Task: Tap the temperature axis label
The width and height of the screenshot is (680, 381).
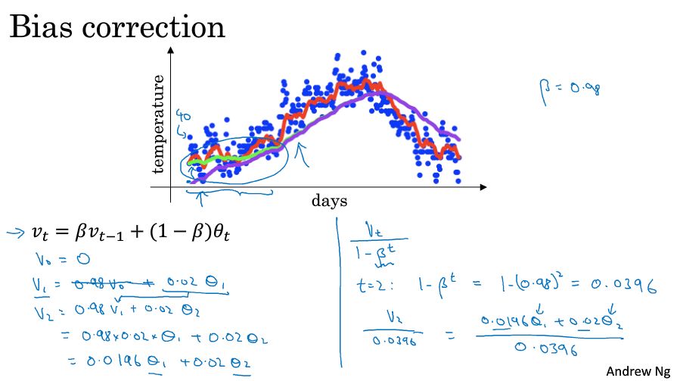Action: pos(159,123)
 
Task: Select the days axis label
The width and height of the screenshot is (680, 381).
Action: pos(329,201)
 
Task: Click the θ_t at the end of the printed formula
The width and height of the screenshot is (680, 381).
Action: pos(220,236)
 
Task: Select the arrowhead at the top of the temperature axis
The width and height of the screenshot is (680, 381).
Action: pos(172,50)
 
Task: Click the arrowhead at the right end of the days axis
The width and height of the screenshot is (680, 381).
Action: pos(483,186)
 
